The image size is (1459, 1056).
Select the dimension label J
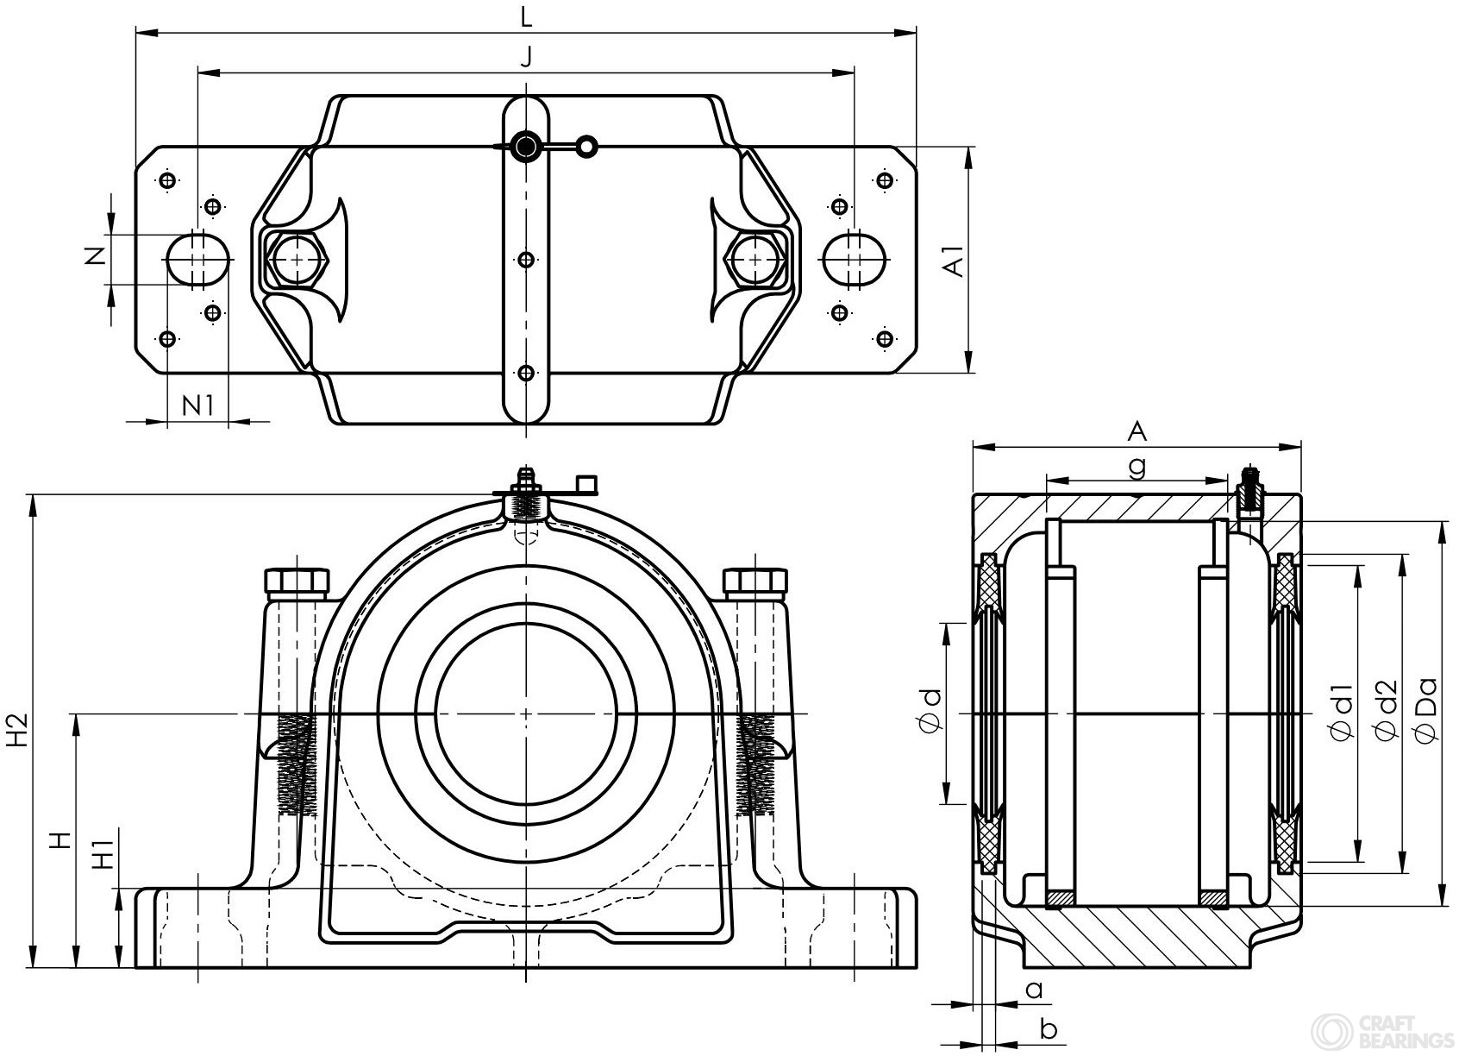click(526, 57)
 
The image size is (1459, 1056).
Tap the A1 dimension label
click(954, 261)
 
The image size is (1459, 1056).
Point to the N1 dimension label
click(197, 404)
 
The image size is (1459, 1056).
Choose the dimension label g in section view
click(1137, 466)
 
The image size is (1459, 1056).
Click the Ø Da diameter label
click(1426, 709)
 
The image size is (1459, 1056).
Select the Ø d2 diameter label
click(1385, 709)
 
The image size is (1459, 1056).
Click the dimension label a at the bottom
click(1035, 989)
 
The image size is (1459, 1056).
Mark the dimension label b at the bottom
click(1049, 1028)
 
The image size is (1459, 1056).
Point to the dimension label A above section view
click(1137, 430)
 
